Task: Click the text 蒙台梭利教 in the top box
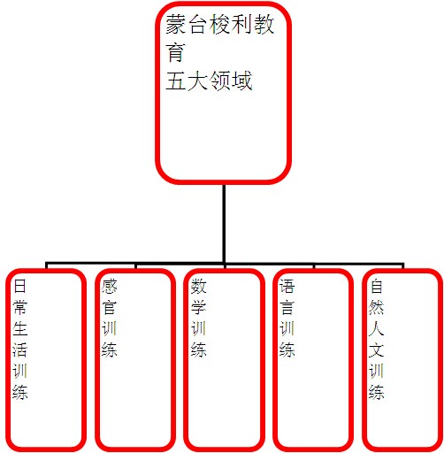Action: (x=219, y=24)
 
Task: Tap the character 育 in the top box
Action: (x=175, y=52)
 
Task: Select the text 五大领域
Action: (x=209, y=81)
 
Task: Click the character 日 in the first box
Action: (x=20, y=286)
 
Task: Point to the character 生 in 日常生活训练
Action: (x=20, y=328)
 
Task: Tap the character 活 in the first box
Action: (x=20, y=349)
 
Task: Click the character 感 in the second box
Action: (x=110, y=286)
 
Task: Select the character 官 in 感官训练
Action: (x=110, y=307)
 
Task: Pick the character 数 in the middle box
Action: (x=198, y=286)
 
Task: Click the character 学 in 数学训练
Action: (x=198, y=307)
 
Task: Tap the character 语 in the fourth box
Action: (x=287, y=286)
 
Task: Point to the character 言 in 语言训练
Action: (x=287, y=307)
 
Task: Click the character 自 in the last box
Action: (x=377, y=286)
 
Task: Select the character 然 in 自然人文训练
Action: (x=377, y=307)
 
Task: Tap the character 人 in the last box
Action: (x=377, y=328)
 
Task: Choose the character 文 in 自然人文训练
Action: (x=377, y=349)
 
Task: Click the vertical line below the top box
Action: (x=224, y=223)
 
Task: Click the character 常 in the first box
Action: (x=20, y=307)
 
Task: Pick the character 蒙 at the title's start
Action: (x=176, y=24)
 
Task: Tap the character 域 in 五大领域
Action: (x=241, y=81)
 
